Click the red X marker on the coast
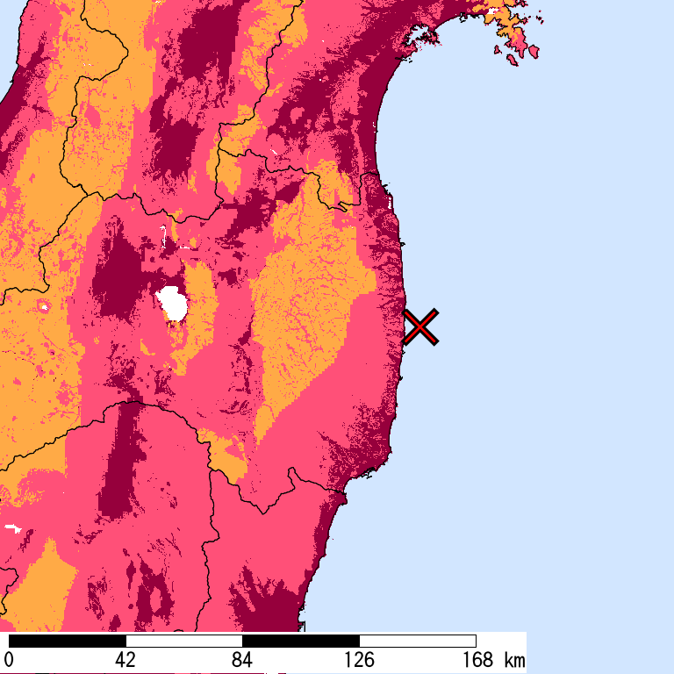(421, 326)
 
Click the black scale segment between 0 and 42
(67, 641)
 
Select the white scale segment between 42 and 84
(183, 641)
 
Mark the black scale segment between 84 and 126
(300, 641)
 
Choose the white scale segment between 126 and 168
(417, 641)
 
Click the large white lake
(173, 304)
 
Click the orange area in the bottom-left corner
(39, 588)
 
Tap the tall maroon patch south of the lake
(118, 465)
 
